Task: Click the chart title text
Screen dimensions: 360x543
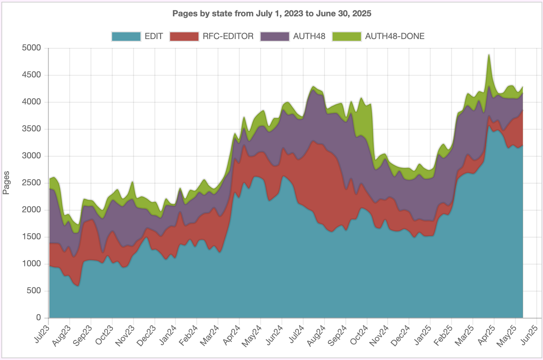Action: click(x=271, y=14)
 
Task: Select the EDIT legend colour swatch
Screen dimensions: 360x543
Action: click(x=126, y=36)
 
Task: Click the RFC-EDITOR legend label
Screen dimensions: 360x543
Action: click(x=228, y=36)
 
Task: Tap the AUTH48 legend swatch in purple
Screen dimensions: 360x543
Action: click(x=275, y=36)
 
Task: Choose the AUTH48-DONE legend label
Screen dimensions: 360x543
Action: click(x=395, y=36)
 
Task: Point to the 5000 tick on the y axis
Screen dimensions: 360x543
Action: click(x=32, y=48)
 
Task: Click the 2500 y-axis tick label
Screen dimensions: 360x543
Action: click(x=32, y=183)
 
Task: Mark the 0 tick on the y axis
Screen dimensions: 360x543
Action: click(x=38, y=318)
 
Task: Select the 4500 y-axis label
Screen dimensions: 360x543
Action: click(x=32, y=75)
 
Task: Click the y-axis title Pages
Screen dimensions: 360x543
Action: click(x=6, y=183)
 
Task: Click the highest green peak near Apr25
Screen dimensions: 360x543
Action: click(x=489, y=55)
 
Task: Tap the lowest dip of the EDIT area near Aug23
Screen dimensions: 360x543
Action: click(x=78, y=286)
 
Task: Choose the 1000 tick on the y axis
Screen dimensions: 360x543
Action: click(x=32, y=264)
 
